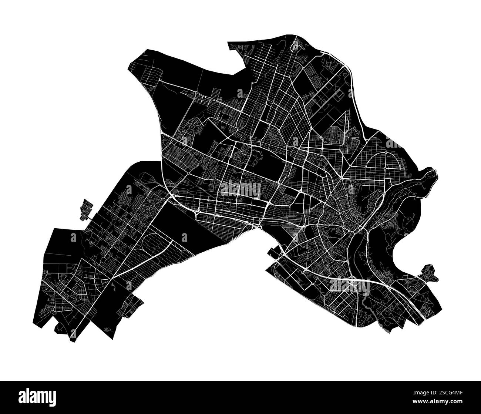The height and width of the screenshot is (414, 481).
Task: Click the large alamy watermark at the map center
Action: tap(240, 189)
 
